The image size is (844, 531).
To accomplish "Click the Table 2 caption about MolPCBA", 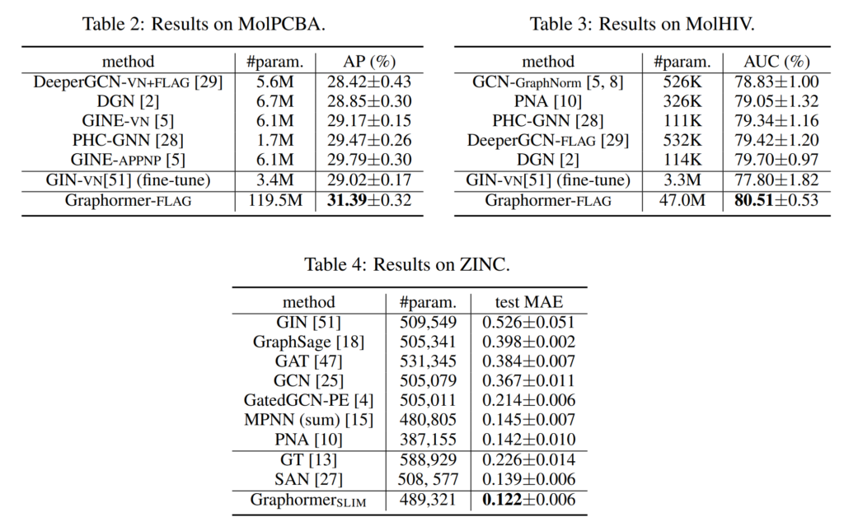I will point(204,24).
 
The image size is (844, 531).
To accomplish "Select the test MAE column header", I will point(527,301).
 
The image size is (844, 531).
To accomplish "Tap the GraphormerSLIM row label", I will point(308,500).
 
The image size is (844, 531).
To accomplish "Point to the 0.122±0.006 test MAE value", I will point(527,500).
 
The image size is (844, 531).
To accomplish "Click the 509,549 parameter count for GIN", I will point(429,322).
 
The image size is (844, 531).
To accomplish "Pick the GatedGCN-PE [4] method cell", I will point(308,400).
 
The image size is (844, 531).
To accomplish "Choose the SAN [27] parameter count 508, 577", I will point(429,479).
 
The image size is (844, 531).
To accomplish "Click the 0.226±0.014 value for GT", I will point(527,459).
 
